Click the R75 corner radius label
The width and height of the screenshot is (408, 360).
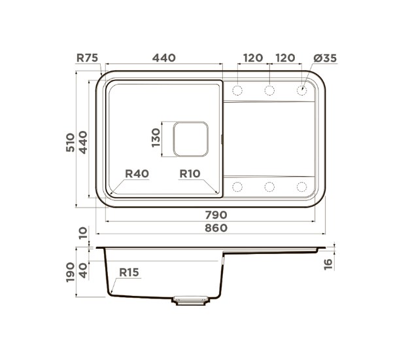pos(87,58)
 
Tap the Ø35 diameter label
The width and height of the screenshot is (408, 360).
pos(325,58)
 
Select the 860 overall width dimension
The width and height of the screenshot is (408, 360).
pos(216,228)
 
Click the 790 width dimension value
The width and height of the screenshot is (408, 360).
pos(216,215)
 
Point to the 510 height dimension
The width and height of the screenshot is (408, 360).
pos(70,142)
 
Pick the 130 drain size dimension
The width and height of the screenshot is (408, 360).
pos(156,137)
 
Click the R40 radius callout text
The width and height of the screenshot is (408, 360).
pos(137,173)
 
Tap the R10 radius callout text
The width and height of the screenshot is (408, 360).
pos(190,173)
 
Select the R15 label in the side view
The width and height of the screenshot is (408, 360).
pos(129,272)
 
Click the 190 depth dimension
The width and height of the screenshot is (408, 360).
pos(70,272)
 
